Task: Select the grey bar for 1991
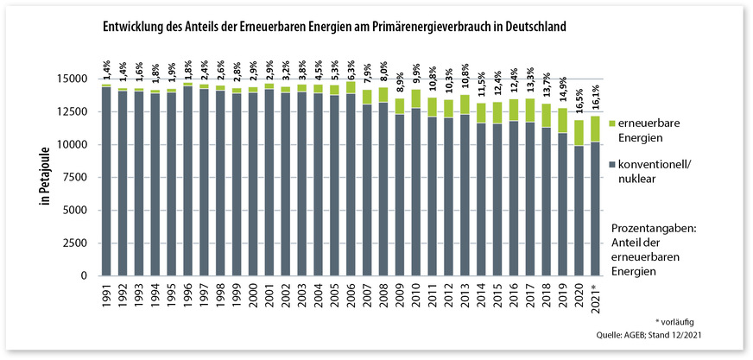click(x=105, y=181)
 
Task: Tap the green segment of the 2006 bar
click(x=351, y=87)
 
